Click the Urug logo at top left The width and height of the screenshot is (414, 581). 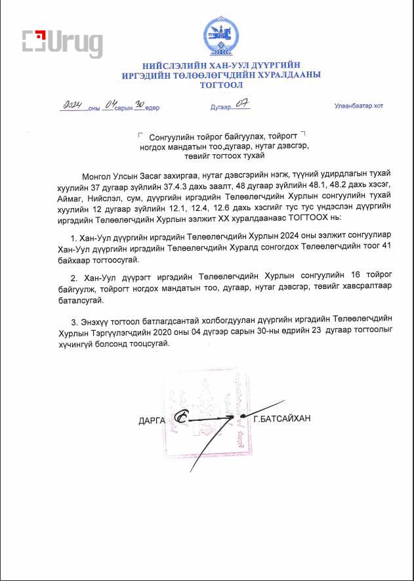tap(62, 43)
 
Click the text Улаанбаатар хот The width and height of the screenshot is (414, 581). tap(358, 106)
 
